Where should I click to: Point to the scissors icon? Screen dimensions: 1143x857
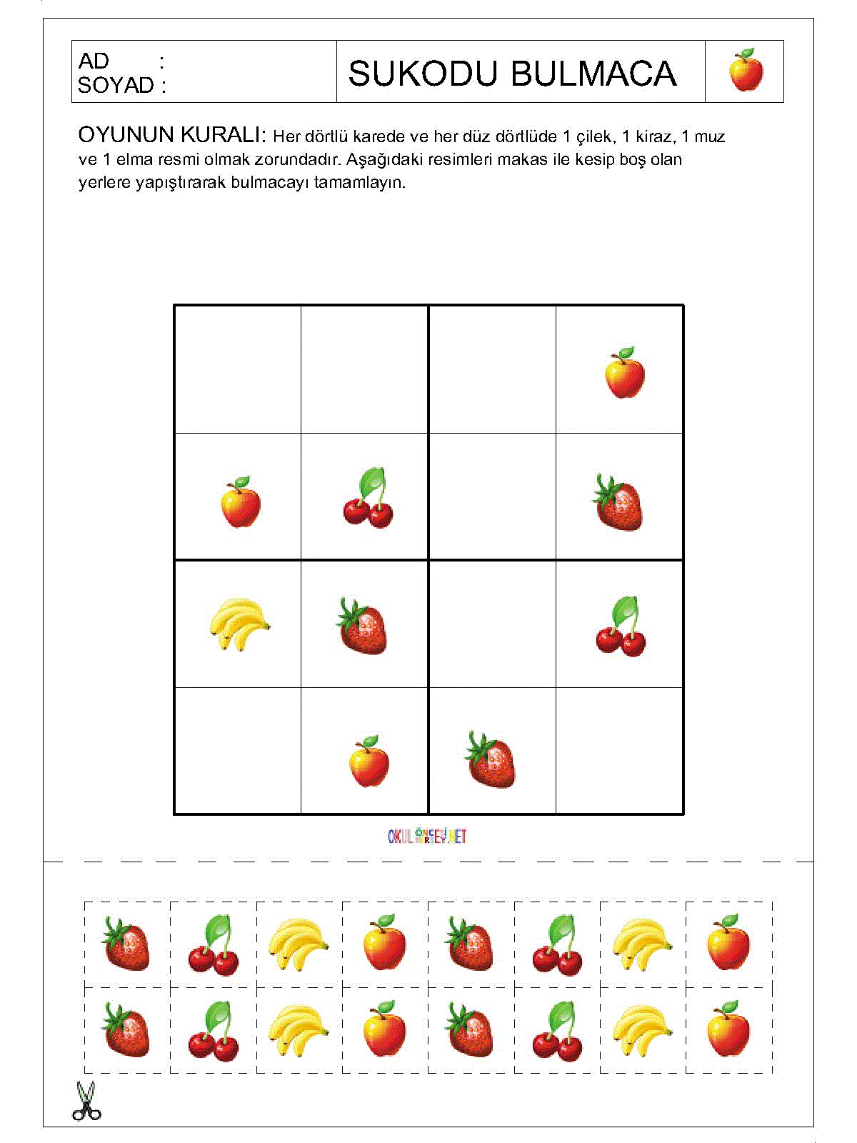point(86,1101)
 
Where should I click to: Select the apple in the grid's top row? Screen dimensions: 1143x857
point(624,373)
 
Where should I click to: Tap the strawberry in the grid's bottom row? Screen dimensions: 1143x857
point(491,760)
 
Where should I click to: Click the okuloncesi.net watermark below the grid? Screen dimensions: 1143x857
point(427,836)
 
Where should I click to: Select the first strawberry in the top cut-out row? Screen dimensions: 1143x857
point(126,944)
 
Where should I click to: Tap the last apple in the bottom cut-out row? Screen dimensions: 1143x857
point(728,1029)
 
